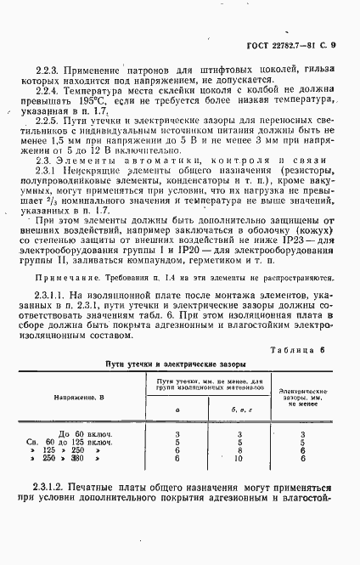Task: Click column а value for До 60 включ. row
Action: pos(177,434)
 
